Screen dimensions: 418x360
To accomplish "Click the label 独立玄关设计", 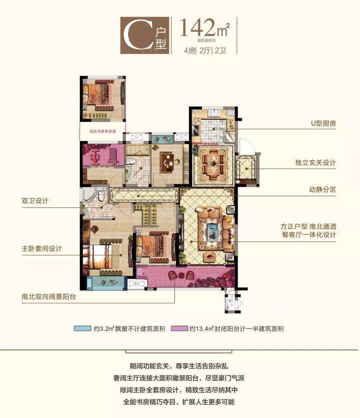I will [315, 163].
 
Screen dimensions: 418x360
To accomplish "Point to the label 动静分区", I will [322, 190].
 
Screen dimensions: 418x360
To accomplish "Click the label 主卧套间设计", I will [42, 249].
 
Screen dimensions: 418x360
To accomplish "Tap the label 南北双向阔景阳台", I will [49, 296].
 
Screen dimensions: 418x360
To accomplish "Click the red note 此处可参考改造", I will [103, 131].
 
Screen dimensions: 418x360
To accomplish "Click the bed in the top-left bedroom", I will [99, 94].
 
